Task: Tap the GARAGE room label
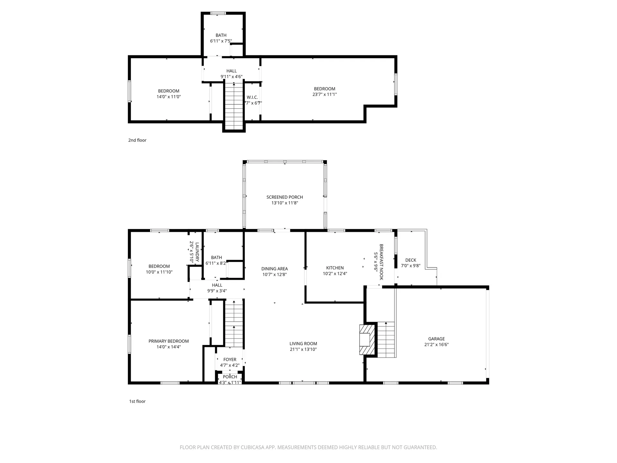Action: [436, 339]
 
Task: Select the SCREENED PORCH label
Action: [284, 197]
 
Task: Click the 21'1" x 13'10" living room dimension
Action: [303, 349]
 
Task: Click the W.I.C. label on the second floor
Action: [252, 97]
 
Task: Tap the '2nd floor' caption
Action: [137, 140]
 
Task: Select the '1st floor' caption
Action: [137, 401]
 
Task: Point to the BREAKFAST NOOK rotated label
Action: [381, 262]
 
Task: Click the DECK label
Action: [411, 260]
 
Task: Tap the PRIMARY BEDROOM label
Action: [168, 341]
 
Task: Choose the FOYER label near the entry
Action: [230, 359]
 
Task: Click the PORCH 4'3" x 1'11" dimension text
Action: [230, 383]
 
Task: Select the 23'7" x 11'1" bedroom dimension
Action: [325, 95]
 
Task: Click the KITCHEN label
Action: [335, 268]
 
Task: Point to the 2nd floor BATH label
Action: [221, 35]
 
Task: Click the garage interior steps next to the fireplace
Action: [386, 339]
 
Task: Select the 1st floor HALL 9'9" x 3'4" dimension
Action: [217, 291]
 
